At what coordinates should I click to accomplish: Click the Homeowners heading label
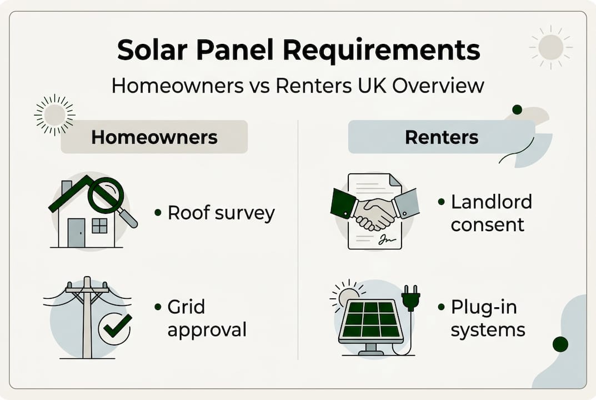click(154, 137)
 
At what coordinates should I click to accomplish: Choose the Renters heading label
click(441, 137)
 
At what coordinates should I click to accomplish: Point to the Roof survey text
click(221, 213)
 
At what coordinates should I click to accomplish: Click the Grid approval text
click(206, 318)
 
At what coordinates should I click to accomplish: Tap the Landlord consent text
click(490, 213)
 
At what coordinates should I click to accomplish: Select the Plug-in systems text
click(487, 318)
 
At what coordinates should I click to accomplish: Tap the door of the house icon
click(76, 232)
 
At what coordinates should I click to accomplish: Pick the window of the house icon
click(99, 226)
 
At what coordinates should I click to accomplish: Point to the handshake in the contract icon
click(373, 213)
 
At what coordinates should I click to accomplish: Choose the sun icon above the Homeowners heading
click(54, 114)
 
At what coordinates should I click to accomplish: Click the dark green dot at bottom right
click(560, 344)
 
